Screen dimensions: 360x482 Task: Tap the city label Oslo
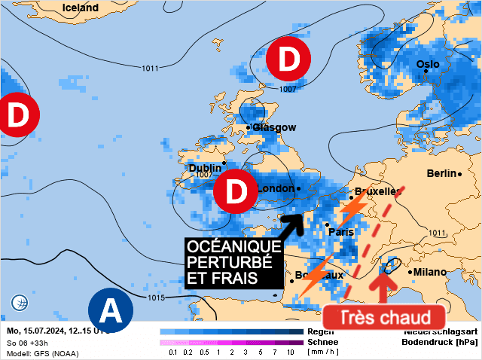[x=428, y=64]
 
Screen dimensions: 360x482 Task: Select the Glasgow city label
[x=274, y=127]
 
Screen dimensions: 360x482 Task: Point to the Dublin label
[x=204, y=168]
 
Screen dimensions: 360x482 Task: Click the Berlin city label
[x=441, y=173]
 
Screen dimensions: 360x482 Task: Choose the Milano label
[x=429, y=272]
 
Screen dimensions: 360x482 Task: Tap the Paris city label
[x=341, y=232]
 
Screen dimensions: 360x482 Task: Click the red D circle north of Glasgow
[x=288, y=60]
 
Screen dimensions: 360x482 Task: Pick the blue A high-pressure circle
[x=110, y=310]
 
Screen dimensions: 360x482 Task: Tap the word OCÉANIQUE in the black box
[x=233, y=248]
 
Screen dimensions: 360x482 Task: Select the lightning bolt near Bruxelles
[x=353, y=206]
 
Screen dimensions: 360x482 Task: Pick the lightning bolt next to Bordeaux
[x=318, y=273]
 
